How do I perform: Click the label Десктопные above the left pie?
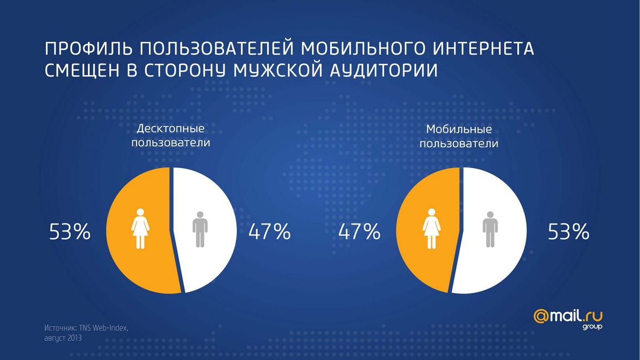(171, 129)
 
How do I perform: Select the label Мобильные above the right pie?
(459, 129)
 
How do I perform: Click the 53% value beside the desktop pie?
(70, 231)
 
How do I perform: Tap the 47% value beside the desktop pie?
(269, 231)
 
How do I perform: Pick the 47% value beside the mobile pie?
(359, 231)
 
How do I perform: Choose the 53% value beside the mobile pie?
(569, 231)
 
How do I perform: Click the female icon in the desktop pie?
(140, 229)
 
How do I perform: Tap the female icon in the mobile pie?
(431, 229)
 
